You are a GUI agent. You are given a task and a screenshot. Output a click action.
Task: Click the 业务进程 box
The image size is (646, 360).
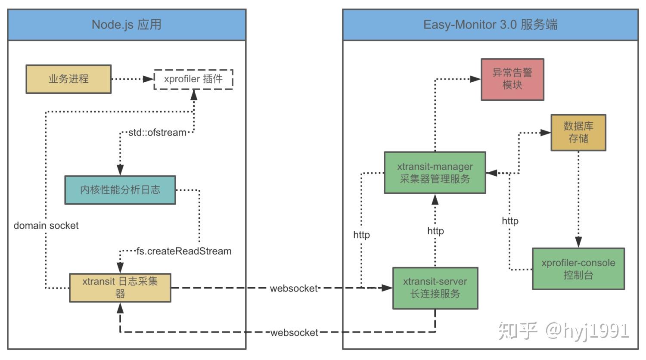click(x=68, y=79)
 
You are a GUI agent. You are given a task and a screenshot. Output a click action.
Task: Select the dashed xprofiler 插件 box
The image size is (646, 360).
click(x=193, y=79)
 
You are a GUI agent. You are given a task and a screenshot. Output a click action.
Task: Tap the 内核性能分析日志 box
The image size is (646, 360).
click(x=120, y=190)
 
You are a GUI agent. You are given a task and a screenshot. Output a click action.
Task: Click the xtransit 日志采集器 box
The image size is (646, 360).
click(x=120, y=288)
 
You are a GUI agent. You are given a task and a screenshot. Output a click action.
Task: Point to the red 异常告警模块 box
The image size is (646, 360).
click(x=512, y=79)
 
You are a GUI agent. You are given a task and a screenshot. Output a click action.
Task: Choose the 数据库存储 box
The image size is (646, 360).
click(x=578, y=133)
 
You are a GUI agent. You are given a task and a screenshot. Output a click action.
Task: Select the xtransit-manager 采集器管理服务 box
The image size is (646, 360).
click(x=435, y=173)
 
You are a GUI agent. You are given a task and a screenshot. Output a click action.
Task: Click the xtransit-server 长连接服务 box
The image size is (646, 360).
click(x=435, y=288)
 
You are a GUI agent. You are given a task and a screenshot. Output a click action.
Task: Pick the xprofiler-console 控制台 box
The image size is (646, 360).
click(x=578, y=269)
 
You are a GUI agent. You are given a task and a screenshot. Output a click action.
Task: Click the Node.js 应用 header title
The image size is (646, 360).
click(x=127, y=25)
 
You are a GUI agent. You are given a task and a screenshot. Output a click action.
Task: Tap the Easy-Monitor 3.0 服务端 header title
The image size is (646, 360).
click(x=490, y=25)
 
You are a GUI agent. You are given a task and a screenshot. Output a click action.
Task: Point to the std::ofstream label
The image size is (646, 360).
click(x=157, y=133)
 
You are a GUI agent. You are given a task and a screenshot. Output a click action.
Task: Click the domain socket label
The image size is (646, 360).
click(x=46, y=226)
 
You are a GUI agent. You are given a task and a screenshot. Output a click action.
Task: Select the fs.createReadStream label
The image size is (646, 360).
click(x=184, y=251)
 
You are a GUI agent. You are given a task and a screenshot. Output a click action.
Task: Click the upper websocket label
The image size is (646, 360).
click(x=294, y=289)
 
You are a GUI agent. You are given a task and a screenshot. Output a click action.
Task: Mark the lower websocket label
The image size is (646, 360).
click(x=294, y=332)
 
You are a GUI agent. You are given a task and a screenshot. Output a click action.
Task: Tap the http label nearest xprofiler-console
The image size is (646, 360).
click(x=510, y=221)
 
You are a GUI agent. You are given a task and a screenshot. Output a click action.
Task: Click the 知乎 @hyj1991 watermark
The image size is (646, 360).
click(x=563, y=331)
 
